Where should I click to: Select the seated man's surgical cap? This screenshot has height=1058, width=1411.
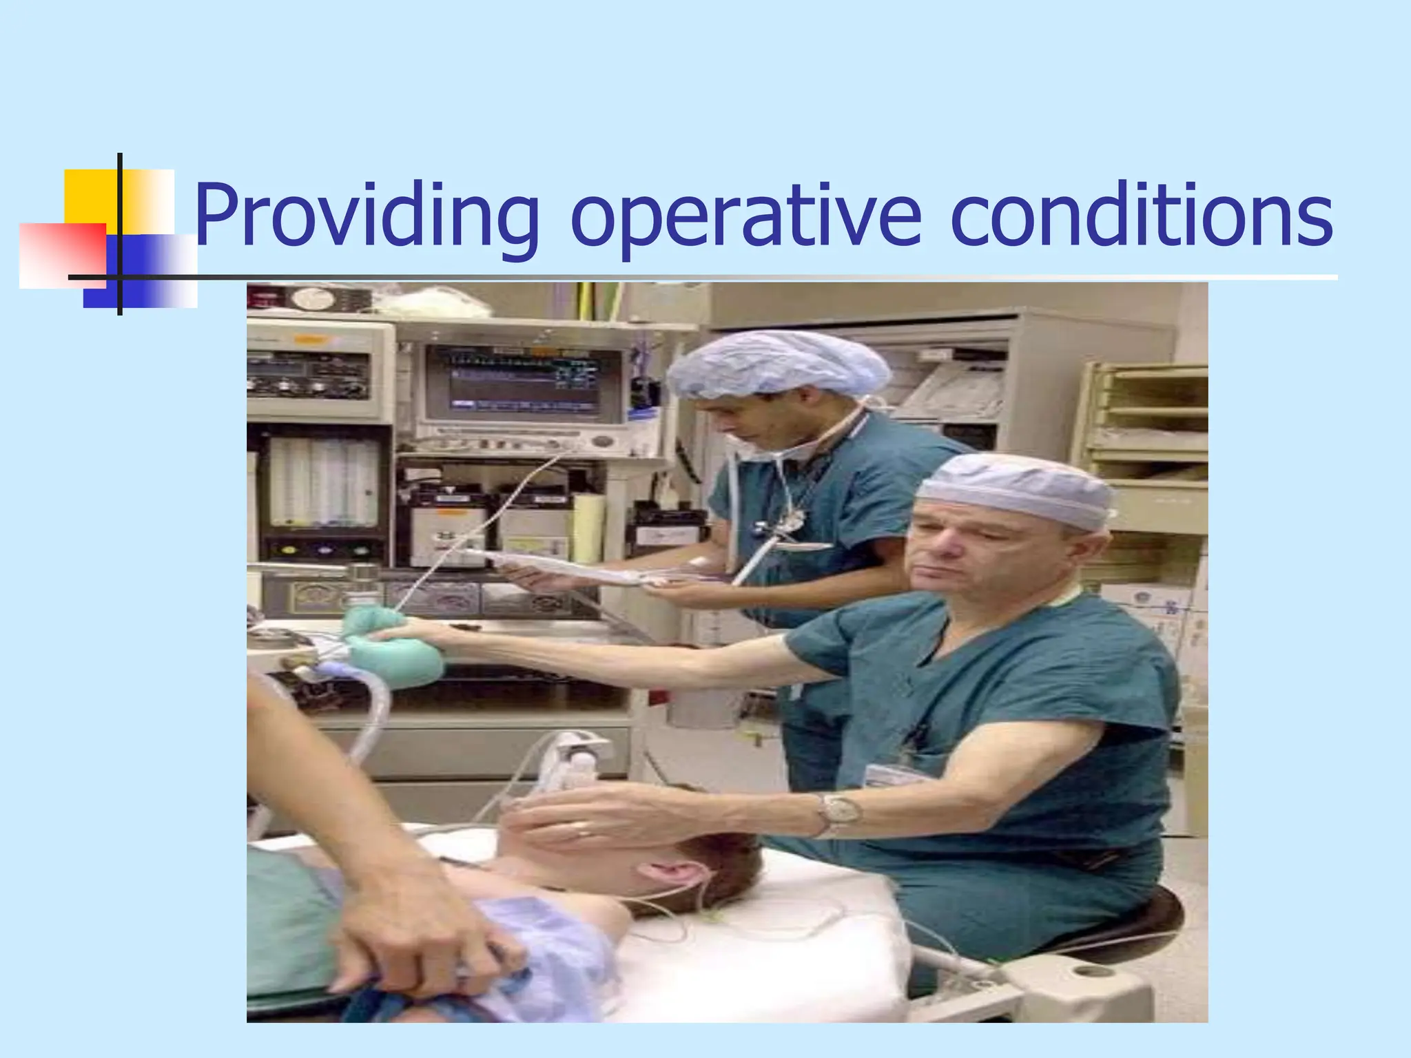pos(1017,486)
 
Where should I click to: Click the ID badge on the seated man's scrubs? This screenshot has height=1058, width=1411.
pos(896,774)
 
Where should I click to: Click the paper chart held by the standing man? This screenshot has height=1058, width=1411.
pos(572,565)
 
